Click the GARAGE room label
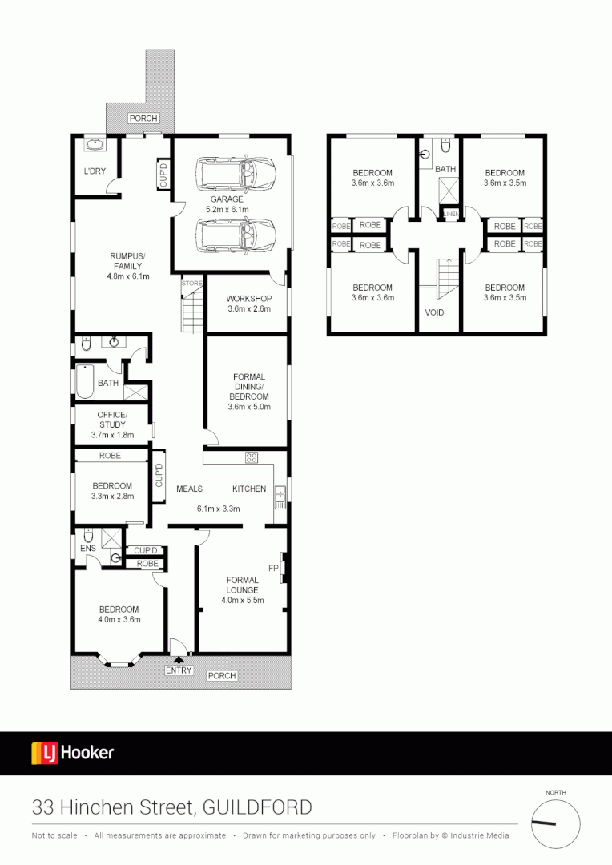(x=227, y=199)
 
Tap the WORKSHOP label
(x=249, y=299)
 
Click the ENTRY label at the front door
(x=179, y=670)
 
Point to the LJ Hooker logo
(x=73, y=753)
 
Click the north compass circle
(x=556, y=823)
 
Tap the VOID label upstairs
(x=435, y=312)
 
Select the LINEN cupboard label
(x=451, y=214)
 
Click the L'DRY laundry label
(x=95, y=171)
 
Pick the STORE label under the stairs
(x=191, y=284)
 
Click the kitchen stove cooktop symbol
(x=252, y=457)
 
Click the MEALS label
(x=189, y=489)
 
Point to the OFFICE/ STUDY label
(x=112, y=419)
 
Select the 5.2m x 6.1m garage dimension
(x=227, y=209)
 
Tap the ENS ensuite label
(x=88, y=549)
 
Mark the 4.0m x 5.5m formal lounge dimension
(x=242, y=600)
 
